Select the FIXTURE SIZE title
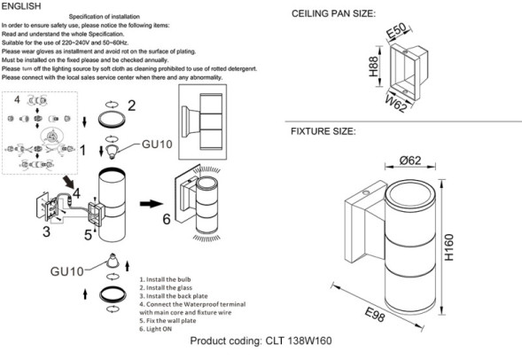(x=324, y=131)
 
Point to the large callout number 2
(x=131, y=106)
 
